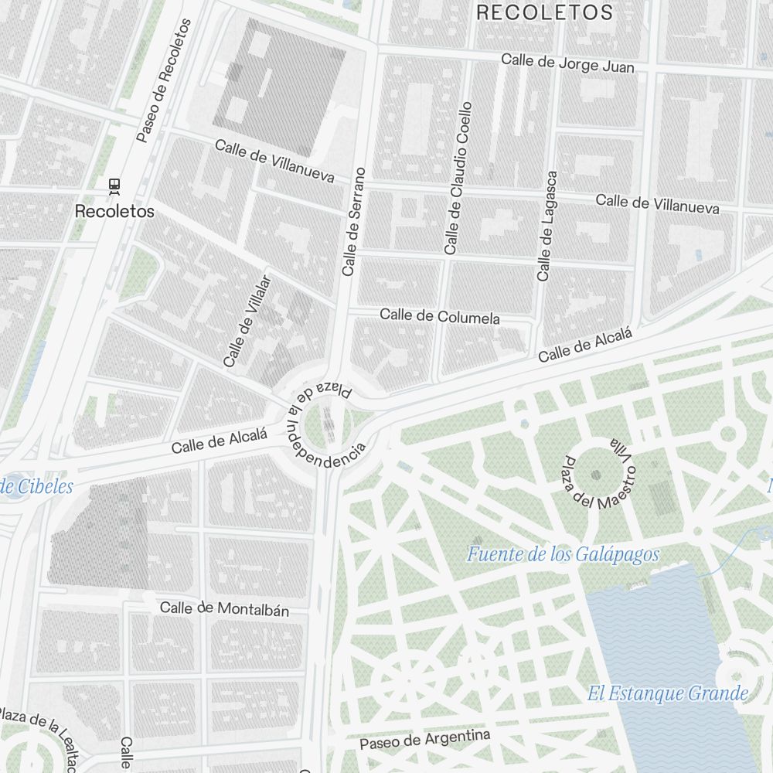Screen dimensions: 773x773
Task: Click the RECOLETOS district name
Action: [544, 12]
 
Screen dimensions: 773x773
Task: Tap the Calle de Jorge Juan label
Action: [567, 63]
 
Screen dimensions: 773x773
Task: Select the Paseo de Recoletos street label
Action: [163, 81]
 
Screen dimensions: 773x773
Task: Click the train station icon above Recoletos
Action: [114, 185]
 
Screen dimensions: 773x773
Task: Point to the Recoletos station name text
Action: [114, 211]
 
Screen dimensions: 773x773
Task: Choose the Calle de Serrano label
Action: [353, 221]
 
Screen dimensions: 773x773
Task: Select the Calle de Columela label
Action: [439, 316]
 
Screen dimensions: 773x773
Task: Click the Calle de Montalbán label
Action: [224, 609]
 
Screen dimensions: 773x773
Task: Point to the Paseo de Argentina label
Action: [425, 739]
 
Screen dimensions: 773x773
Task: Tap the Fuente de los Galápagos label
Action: [563, 554]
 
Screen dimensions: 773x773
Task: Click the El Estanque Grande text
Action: [667, 693]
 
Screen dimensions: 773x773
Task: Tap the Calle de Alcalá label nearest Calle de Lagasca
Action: [585, 346]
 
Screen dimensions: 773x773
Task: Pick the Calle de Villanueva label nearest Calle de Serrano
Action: [274, 162]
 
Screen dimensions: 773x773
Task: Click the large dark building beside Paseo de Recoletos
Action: [278, 85]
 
